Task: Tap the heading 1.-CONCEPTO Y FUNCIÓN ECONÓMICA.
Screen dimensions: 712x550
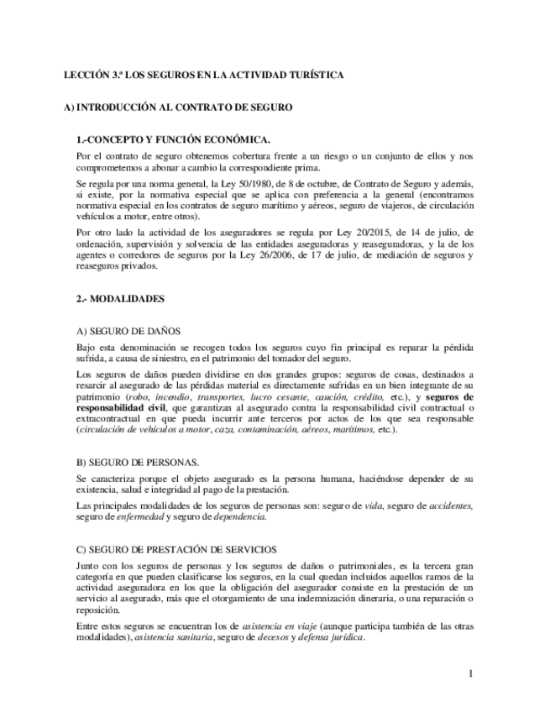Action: [x=172, y=139]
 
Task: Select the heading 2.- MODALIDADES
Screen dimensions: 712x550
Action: [x=119, y=298]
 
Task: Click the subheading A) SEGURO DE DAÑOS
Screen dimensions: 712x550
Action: [x=128, y=331]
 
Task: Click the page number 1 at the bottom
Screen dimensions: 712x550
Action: [x=471, y=673]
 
